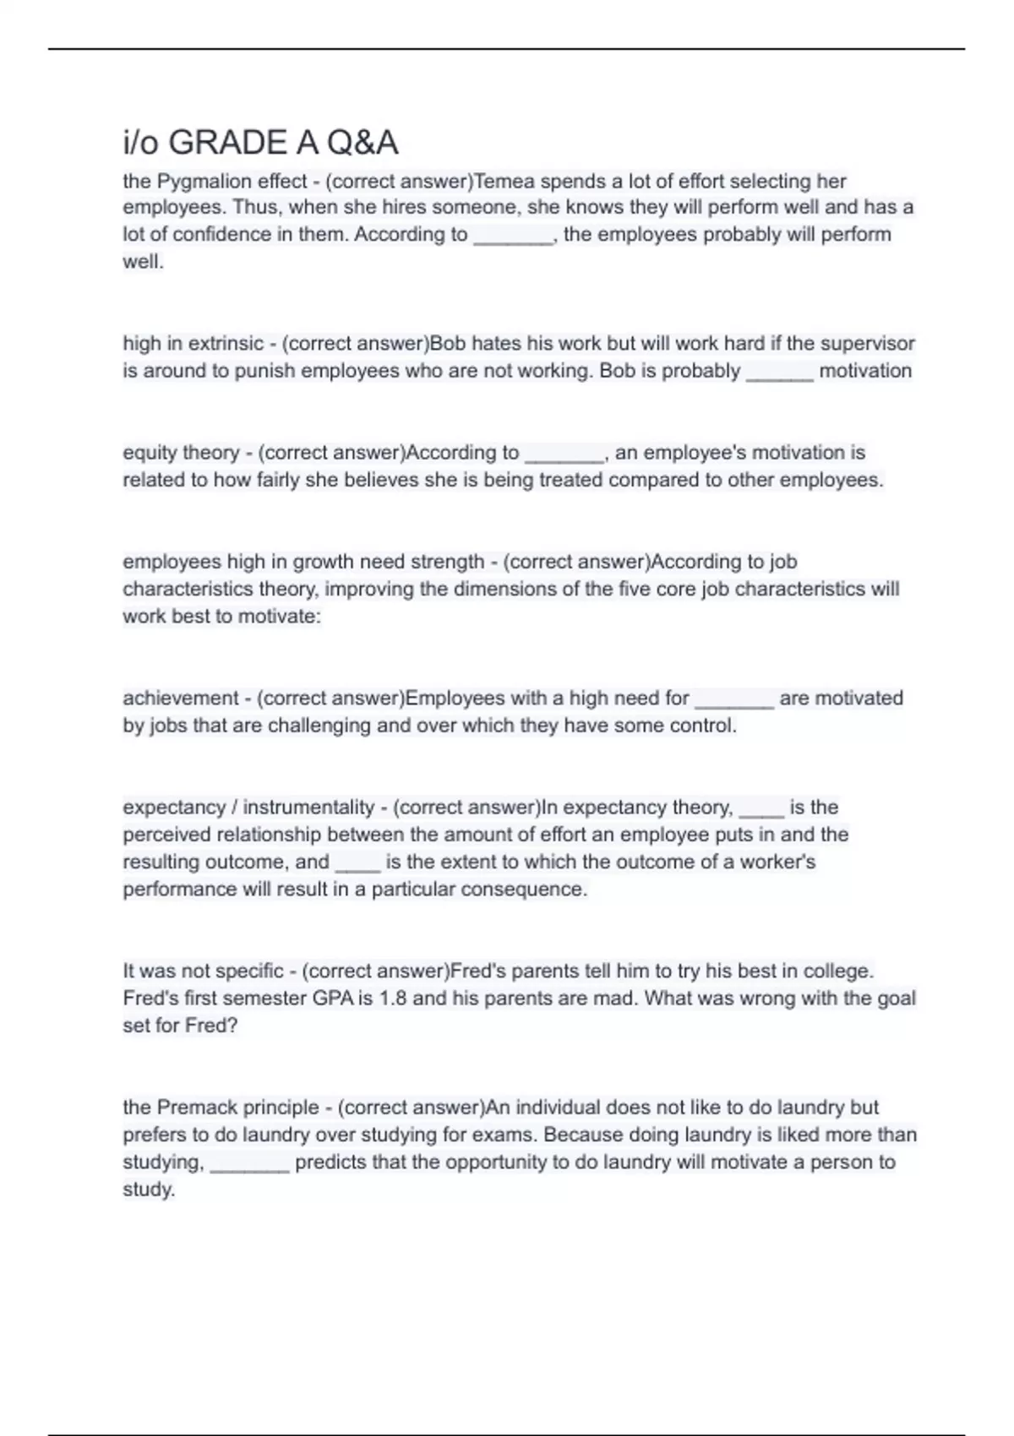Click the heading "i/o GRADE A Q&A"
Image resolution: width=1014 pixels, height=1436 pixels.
click(260, 143)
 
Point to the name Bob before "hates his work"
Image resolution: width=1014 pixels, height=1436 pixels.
click(448, 343)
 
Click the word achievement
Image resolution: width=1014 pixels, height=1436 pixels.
click(179, 698)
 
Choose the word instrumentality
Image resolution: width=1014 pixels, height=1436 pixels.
click(308, 807)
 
